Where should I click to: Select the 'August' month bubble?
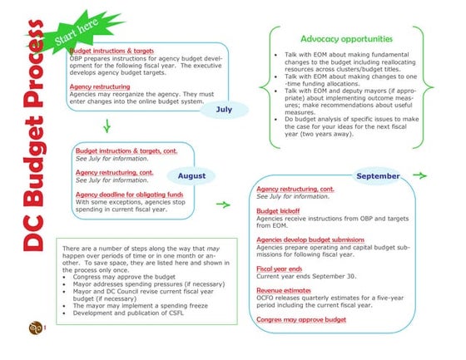[191, 175]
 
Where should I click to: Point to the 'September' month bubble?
[377, 176]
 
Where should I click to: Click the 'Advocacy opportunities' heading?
[347, 38]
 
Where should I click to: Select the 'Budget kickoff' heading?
[278, 210]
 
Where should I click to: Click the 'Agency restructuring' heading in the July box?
[100, 86]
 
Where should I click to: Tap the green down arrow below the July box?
[106, 127]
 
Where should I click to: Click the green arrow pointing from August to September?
[222, 204]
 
